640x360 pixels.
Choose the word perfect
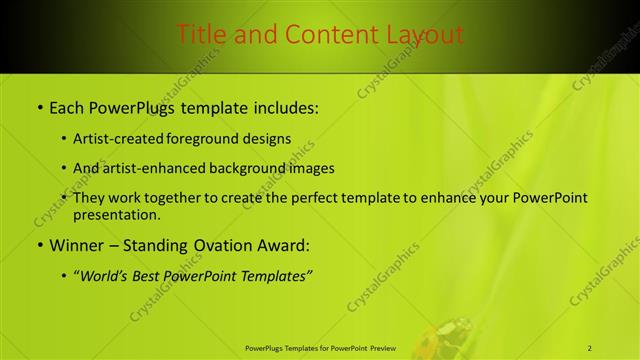[x=297, y=198]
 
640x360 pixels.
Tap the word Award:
[x=286, y=245]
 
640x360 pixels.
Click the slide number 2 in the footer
[x=590, y=348]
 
